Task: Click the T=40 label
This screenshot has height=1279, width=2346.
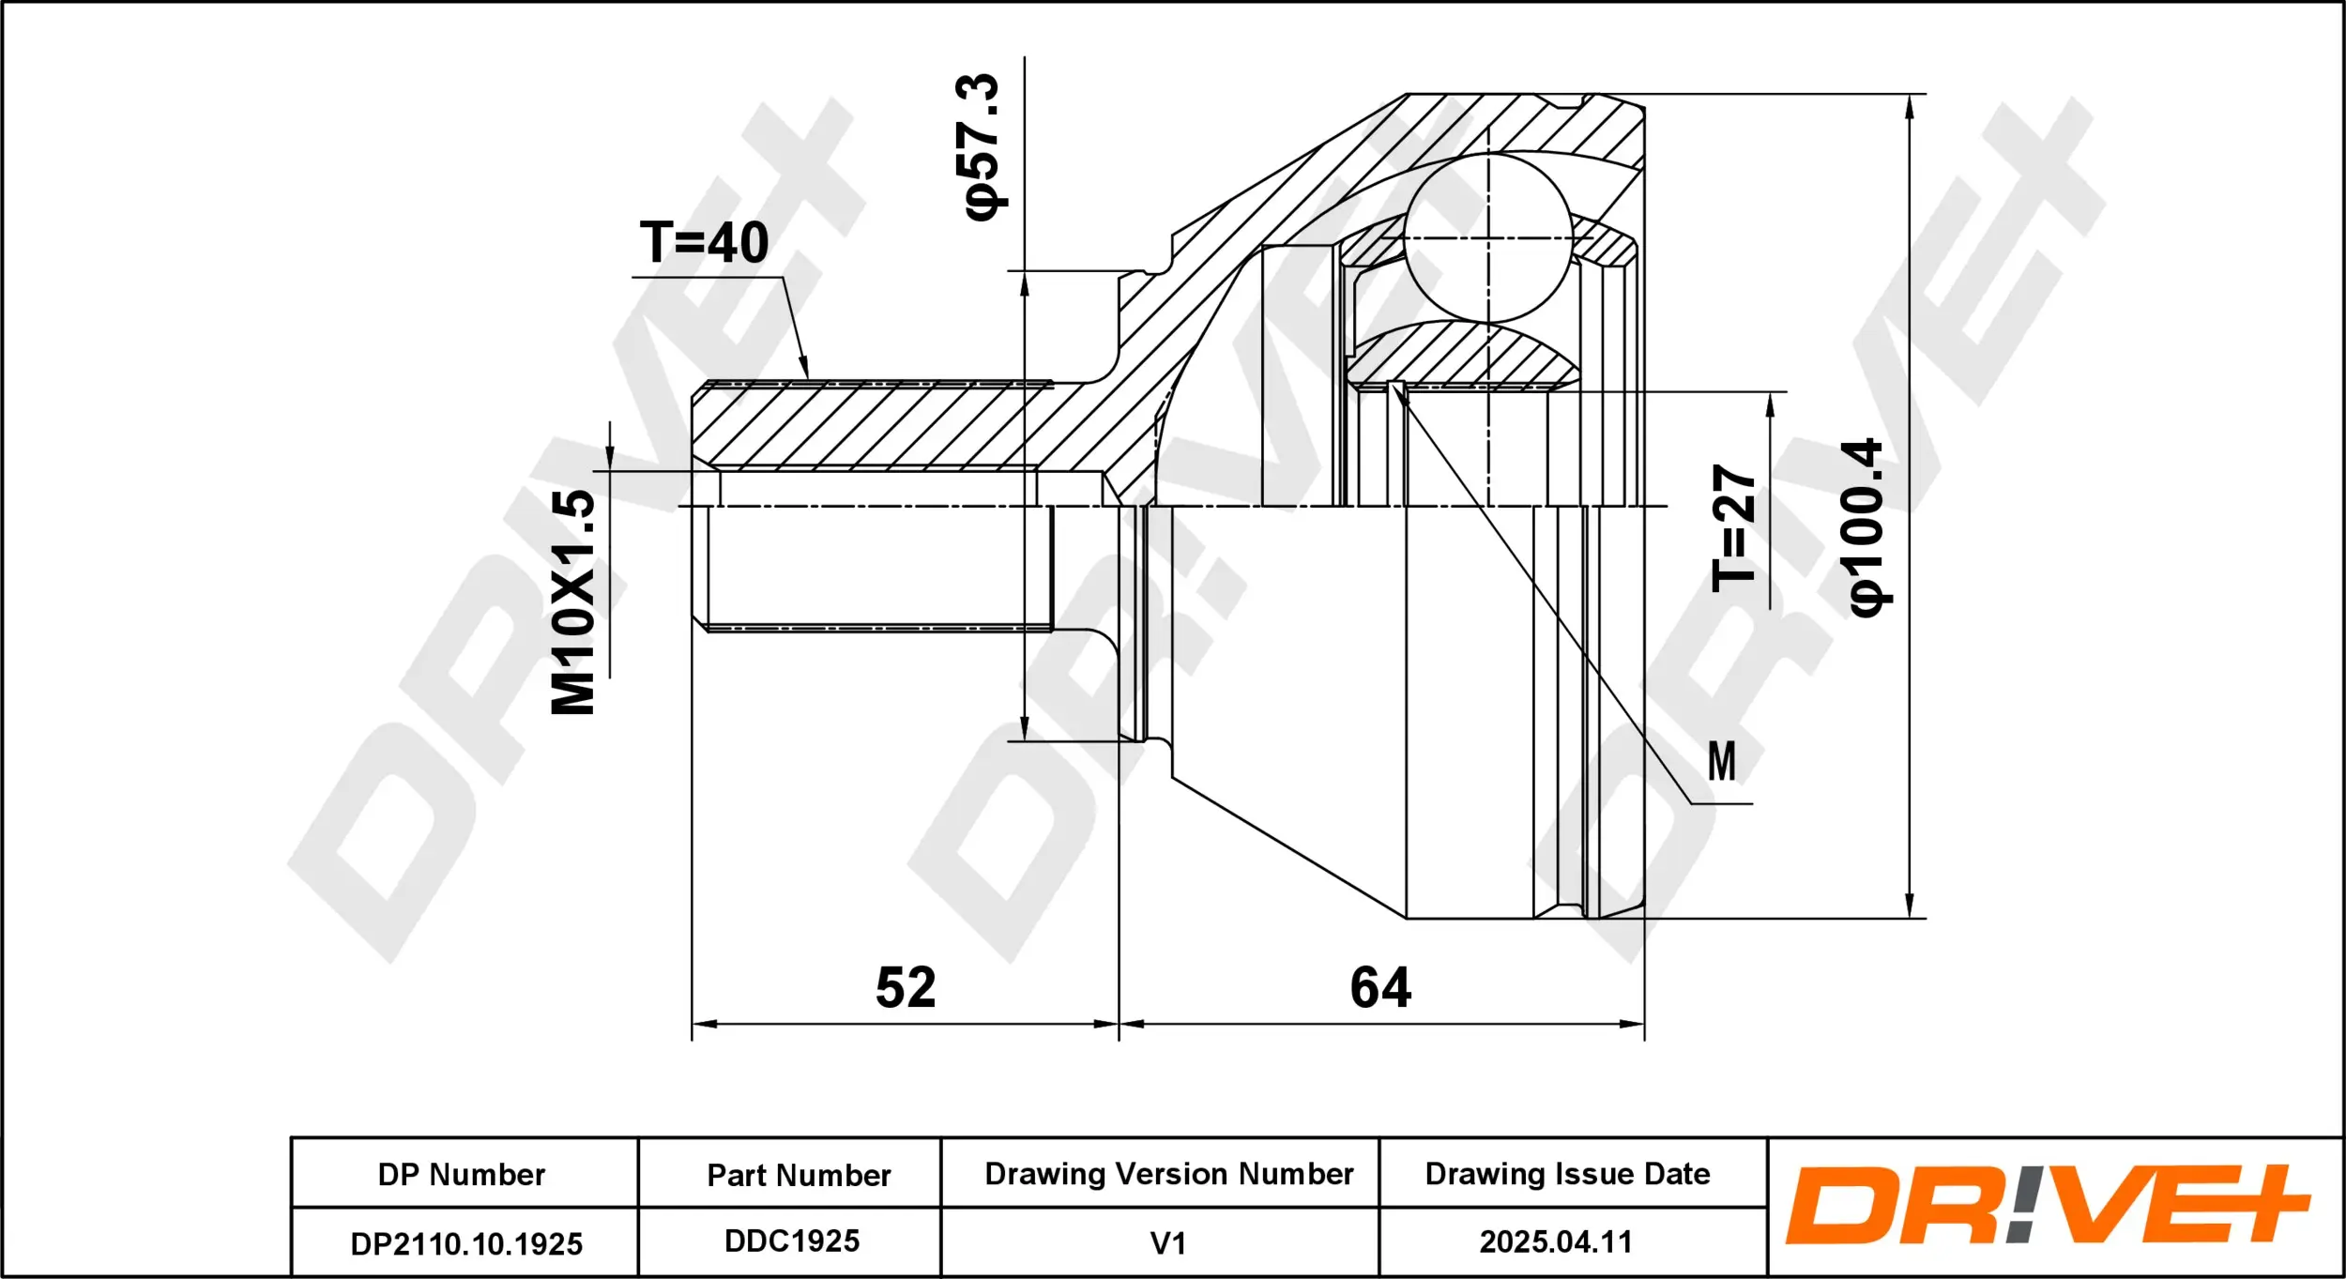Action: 704,242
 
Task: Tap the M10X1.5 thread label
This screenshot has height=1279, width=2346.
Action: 573,602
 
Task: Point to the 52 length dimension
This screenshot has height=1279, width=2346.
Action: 906,987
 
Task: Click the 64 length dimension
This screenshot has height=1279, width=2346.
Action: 1380,987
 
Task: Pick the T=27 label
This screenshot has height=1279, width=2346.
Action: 1734,528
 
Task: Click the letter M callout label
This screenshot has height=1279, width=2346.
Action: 1721,761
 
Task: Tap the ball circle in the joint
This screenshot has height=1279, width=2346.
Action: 1488,237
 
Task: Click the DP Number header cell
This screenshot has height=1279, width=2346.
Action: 462,1175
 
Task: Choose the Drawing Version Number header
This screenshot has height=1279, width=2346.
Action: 1169,1174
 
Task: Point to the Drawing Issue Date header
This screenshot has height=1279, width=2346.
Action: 1567,1174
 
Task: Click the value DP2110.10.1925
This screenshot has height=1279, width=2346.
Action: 466,1244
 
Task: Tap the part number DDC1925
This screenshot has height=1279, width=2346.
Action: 792,1241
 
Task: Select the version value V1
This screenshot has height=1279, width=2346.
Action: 1168,1244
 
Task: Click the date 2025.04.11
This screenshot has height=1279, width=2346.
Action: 1556,1242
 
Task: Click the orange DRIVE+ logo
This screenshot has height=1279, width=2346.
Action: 2047,1205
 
